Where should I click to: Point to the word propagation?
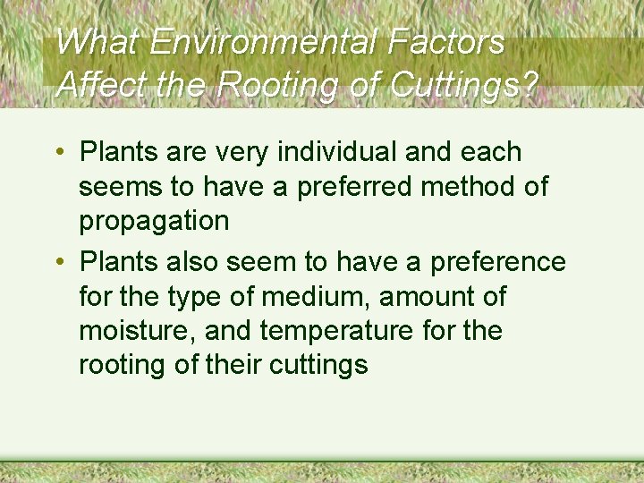click(154, 222)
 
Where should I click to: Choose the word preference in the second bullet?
click(498, 261)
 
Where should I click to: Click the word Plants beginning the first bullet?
click(119, 152)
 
